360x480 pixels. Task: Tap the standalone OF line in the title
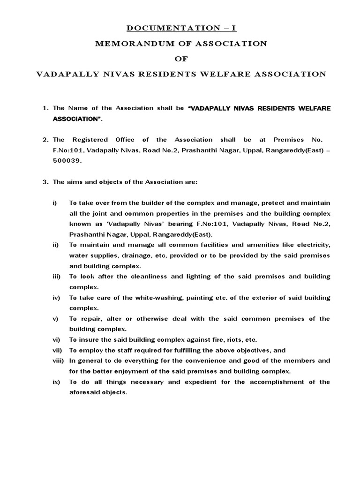coord(180,59)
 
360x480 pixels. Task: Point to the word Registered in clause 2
coord(89,140)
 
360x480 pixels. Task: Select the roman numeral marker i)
coord(54,203)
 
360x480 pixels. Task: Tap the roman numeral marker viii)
coord(58,360)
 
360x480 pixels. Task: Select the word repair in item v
coord(91,319)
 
